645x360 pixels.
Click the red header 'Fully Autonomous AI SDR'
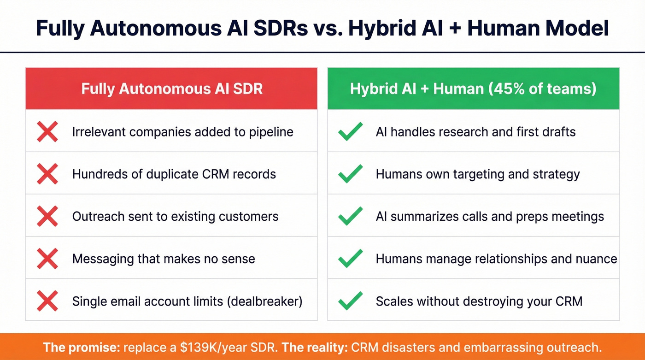171,89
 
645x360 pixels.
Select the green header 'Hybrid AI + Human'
473,89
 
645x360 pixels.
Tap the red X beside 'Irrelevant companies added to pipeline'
47,132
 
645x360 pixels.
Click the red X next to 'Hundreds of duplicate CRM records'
47,174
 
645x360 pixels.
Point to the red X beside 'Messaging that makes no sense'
47,259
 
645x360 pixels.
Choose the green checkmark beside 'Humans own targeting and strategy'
350,174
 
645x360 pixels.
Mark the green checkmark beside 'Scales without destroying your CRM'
350,301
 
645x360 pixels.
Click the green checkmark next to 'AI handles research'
350,132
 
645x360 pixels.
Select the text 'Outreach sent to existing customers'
175,217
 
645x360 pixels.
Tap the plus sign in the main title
450,28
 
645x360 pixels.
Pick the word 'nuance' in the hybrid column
597,259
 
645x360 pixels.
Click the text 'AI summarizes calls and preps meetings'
490,217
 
